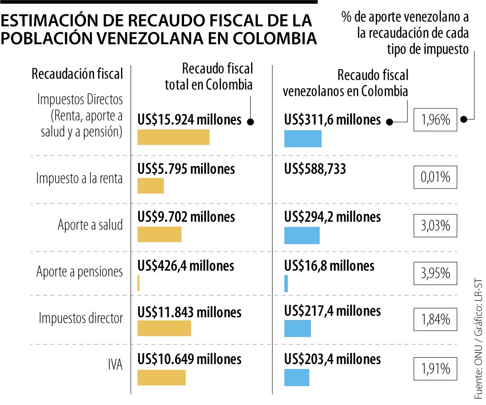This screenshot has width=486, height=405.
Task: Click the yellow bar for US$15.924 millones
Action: [173, 137]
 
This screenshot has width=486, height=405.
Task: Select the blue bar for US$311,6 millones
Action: [303, 139]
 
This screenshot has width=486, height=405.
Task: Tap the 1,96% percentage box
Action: [435, 120]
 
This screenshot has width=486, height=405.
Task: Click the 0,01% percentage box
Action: [435, 177]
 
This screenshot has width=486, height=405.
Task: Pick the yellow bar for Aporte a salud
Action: [159, 234]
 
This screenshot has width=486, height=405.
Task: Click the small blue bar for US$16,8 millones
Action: [286, 283]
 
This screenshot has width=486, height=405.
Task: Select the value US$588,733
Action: [315, 169]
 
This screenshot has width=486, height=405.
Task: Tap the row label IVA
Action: [116, 364]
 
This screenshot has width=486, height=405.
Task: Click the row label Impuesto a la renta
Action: [80, 179]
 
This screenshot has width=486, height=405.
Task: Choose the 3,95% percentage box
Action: [435, 273]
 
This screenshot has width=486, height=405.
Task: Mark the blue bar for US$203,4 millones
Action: [297, 377]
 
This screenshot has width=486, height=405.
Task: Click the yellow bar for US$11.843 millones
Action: [164, 328]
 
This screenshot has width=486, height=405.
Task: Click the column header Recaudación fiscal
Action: [77, 74]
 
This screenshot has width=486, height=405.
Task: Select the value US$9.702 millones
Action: [186, 217]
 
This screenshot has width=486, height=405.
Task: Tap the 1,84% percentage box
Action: [435, 319]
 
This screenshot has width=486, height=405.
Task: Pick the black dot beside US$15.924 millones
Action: [251, 121]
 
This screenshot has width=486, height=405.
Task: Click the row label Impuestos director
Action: [81, 318]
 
